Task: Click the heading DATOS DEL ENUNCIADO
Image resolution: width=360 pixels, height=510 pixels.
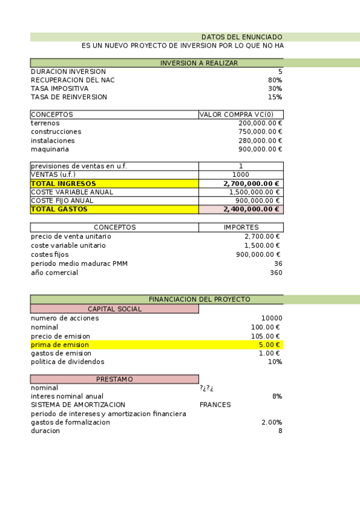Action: tap(242, 37)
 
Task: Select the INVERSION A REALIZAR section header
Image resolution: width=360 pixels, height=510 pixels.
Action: tap(199, 63)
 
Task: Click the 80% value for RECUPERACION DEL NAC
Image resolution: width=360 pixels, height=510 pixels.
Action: tap(275, 80)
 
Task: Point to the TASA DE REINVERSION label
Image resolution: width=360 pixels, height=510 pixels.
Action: tap(69, 97)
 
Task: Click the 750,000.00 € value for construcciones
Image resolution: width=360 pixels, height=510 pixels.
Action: tap(260, 132)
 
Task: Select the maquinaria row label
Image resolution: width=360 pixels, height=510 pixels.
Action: tap(50, 149)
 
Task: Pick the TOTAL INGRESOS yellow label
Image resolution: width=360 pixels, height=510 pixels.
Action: tap(63, 183)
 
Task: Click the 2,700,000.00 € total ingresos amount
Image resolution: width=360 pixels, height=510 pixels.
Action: tap(251, 183)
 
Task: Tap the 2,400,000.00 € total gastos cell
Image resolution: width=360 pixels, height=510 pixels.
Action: tap(251, 209)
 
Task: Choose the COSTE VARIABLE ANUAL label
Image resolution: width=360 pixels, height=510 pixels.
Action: tap(72, 192)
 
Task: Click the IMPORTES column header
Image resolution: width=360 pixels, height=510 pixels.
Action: tap(241, 227)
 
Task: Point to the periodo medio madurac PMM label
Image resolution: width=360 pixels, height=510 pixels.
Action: tap(79, 263)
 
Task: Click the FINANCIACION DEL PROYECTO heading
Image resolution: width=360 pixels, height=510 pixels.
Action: tap(200, 300)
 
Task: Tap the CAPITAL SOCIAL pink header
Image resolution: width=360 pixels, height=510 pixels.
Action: tap(115, 309)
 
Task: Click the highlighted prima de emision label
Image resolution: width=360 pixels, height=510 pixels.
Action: tap(60, 345)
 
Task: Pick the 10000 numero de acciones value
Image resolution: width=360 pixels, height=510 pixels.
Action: tap(272, 318)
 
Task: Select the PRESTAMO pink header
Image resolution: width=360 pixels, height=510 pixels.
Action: tap(115, 379)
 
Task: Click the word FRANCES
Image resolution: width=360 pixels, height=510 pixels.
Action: tap(215, 405)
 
